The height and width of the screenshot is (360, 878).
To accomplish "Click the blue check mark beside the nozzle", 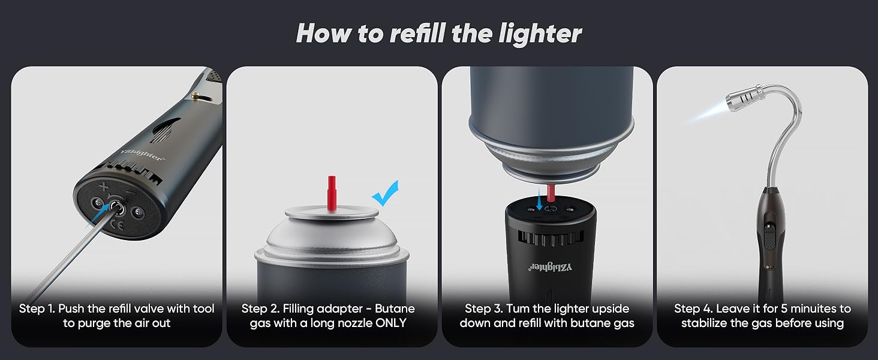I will (386, 193).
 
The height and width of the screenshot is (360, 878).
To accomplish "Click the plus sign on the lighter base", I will (104, 187).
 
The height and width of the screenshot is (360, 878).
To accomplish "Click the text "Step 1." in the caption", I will (37, 309).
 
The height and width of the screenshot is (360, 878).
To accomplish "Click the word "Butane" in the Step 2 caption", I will (395, 309).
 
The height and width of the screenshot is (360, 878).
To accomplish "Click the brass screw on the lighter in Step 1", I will (196, 94).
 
